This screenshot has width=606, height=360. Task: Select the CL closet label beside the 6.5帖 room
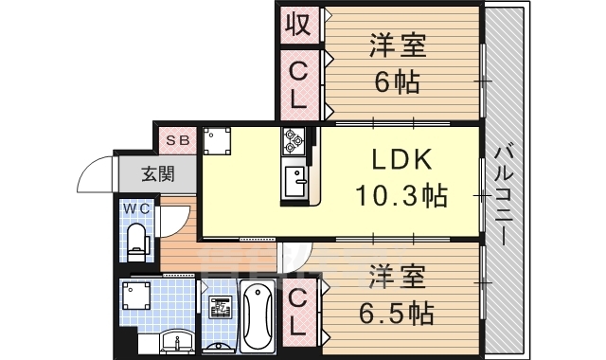(298, 314)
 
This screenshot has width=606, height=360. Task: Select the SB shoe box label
(177, 140)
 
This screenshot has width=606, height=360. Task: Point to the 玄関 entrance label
(157, 173)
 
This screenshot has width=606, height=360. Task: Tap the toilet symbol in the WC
(138, 242)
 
